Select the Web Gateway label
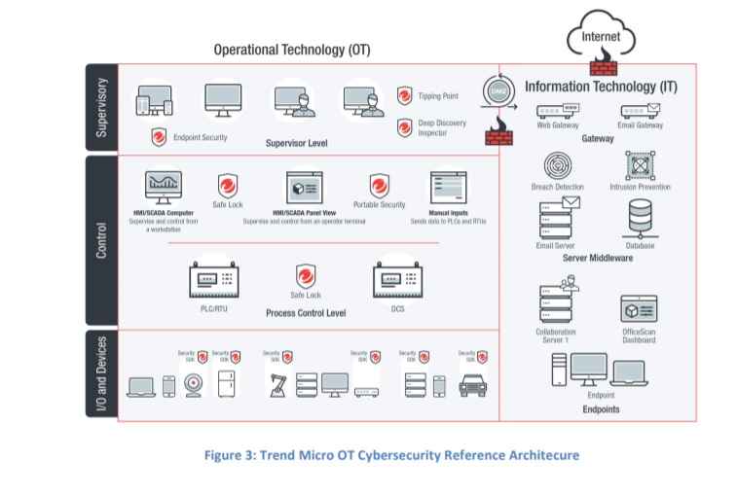[x=558, y=125]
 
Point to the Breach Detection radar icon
[x=558, y=165]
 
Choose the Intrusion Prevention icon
[x=640, y=165]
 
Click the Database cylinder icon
[x=640, y=218]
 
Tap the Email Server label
[x=556, y=246]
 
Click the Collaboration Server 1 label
[x=556, y=336]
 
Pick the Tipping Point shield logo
[x=405, y=95]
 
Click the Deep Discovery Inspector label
[x=443, y=127]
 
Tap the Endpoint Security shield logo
[x=158, y=137]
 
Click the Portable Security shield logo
[x=380, y=185]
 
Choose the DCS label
[x=397, y=308]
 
